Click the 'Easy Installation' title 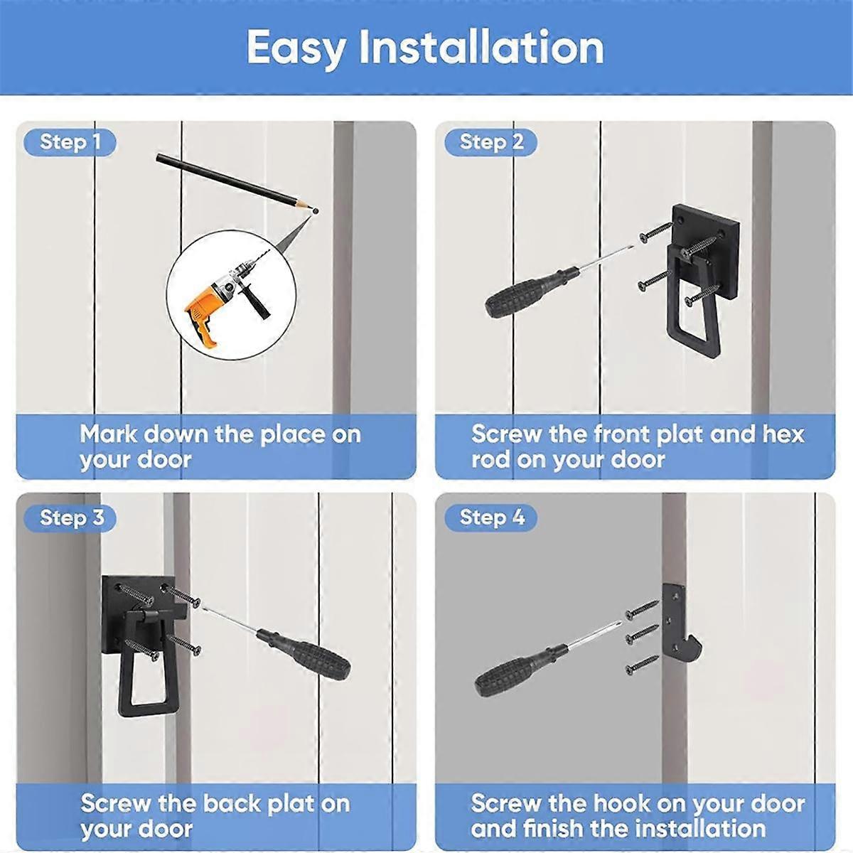click(x=425, y=48)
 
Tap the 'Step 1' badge click(x=70, y=142)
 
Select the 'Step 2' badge click(x=491, y=142)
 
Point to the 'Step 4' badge click(x=491, y=517)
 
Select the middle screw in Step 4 click(x=643, y=635)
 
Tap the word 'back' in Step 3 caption click(x=229, y=804)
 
